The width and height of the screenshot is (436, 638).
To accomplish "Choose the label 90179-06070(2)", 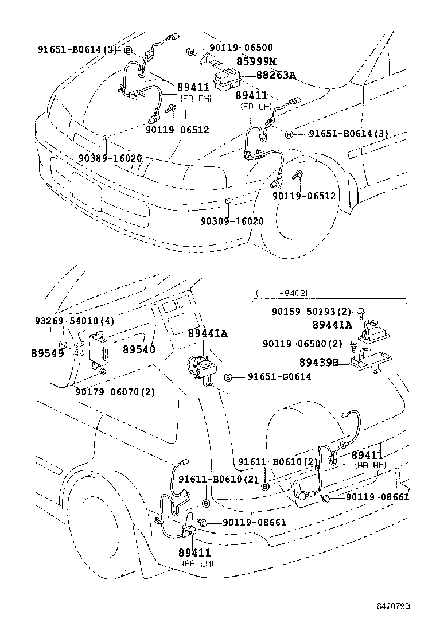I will (115, 392).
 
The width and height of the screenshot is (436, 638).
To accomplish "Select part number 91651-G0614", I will (279, 376).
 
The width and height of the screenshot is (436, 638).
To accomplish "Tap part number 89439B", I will (318, 362).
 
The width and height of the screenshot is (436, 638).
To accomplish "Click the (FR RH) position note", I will (196, 98).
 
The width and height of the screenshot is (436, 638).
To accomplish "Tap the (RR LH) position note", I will (197, 563).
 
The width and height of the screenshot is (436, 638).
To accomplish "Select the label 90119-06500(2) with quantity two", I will (302, 344).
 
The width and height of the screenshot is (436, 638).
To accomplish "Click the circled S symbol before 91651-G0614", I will (228, 376).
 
